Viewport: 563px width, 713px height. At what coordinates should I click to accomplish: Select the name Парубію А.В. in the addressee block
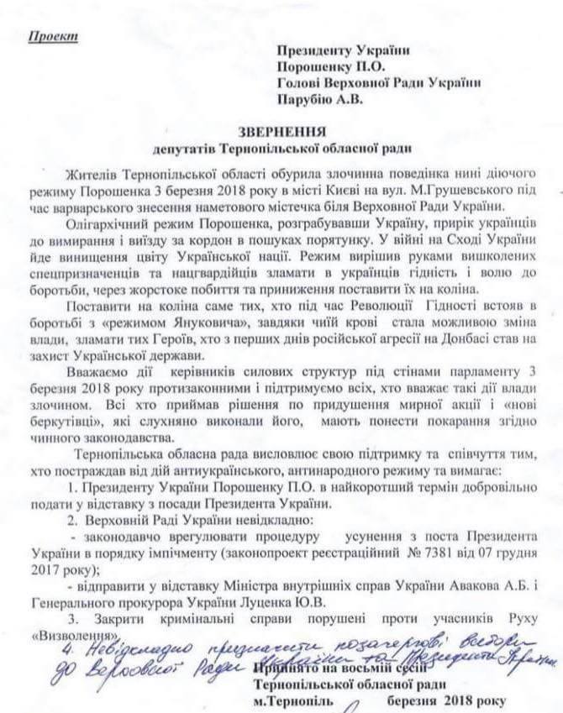[x=318, y=99]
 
